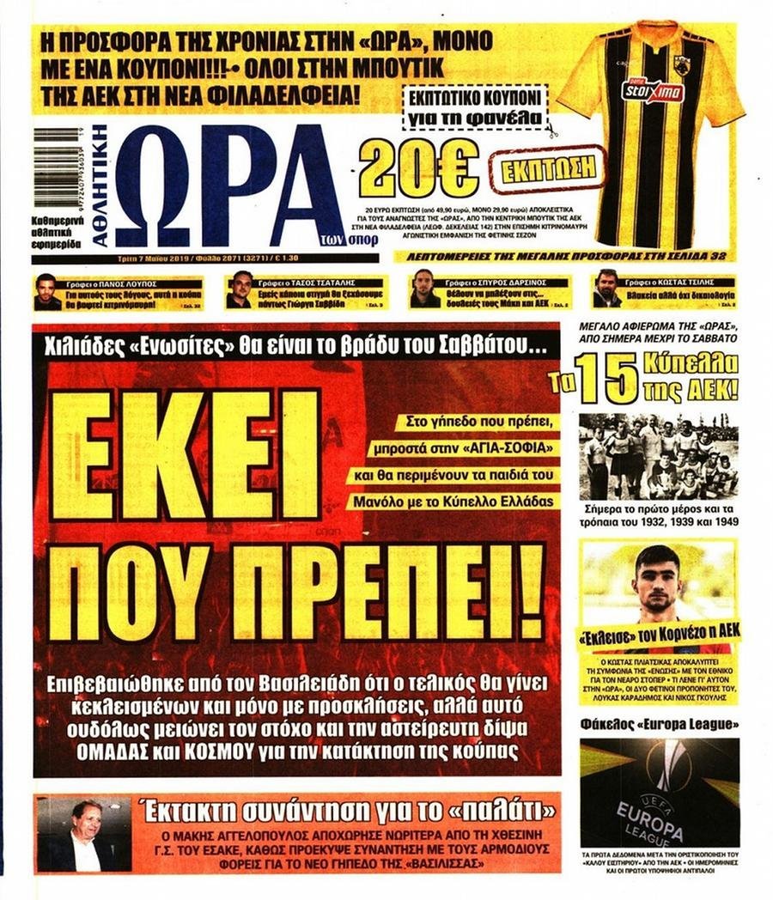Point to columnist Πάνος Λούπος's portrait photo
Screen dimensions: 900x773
[47, 292]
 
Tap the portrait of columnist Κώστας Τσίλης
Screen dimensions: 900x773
[606, 289]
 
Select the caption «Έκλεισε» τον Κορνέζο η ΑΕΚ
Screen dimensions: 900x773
[658, 635]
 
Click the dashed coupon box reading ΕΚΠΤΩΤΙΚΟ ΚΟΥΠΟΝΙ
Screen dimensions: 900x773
[474, 106]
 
